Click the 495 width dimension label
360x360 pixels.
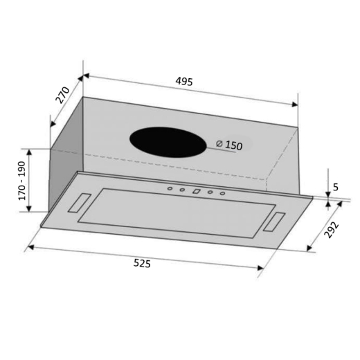pyautogui.click(x=183, y=81)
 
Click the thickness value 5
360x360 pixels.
pyautogui.click(x=335, y=186)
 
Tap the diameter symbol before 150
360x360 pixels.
pyautogui.click(x=219, y=145)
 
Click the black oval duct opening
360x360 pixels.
pyautogui.click(x=168, y=142)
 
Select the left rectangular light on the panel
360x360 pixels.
pyautogui.click(x=79, y=203)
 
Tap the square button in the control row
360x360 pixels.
pyautogui.click(x=196, y=191)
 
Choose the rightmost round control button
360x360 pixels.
pyautogui.click(x=223, y=193)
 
